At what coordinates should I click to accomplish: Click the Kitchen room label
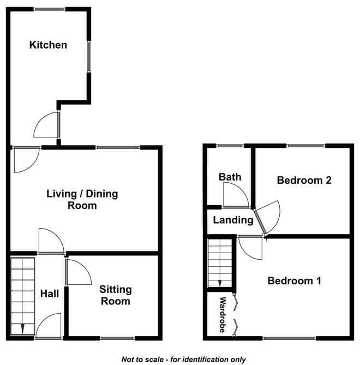point(48,45)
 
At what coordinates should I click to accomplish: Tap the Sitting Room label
point(116,295)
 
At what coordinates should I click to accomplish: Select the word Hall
point(50,294)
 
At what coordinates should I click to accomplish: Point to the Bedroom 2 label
point(304,180)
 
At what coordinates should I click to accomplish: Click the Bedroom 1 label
point(295,281)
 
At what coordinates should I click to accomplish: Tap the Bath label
point(230,177)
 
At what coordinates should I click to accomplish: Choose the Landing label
point(233,220)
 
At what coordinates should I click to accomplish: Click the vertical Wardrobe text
point(223,315)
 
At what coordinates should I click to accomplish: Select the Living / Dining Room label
point(82,200)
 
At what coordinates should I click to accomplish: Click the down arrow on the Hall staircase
point(22,328)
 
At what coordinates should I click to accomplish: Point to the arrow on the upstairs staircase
point(220,284)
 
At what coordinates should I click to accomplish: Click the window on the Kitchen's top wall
point(49,9)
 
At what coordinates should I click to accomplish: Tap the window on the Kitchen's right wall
point(89,56)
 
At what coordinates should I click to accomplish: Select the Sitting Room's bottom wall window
point(117,338)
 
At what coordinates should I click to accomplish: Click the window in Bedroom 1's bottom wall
point(290,338)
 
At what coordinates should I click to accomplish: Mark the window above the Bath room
point(230,146)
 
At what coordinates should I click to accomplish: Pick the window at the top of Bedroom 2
point(305,146)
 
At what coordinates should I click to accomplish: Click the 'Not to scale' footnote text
point(184,360)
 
